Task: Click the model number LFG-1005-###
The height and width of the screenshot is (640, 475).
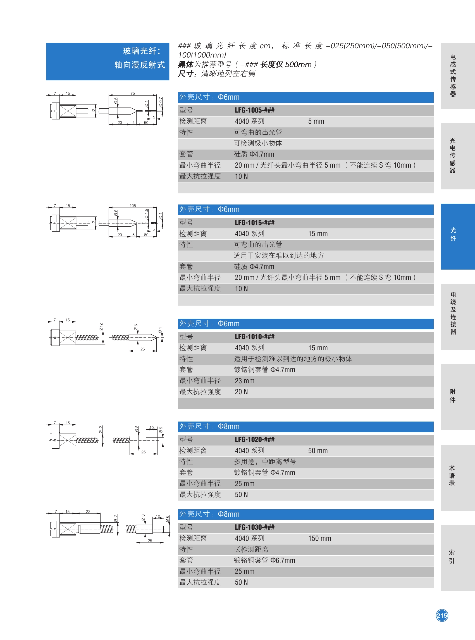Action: click(254, 110)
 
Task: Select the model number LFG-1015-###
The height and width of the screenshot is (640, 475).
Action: click(254, 223)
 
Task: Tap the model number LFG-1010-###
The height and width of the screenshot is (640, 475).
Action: click(254, 337)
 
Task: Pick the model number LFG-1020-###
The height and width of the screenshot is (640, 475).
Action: click(254, 439)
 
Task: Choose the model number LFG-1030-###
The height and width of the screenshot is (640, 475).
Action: click(254, 527)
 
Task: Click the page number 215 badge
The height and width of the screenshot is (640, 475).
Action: click(442, 615)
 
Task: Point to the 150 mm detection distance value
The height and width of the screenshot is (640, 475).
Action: click(319, 539)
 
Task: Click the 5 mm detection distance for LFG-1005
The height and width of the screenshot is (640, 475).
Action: click(316, 122)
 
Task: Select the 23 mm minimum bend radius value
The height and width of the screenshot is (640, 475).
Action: click(244, 381)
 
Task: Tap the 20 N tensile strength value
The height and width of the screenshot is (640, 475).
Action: click(241, 392)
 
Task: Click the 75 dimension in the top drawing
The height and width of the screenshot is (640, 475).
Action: click(133, 93)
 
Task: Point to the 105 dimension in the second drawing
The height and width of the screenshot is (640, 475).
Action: click(133, 205)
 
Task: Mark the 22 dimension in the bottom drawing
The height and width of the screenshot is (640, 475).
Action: click(88, 511)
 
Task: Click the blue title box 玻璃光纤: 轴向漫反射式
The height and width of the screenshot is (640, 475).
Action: click(108, 61)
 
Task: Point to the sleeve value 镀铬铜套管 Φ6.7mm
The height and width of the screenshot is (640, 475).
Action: click(264, 560)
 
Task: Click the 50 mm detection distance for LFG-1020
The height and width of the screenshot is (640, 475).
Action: click(318, 451)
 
